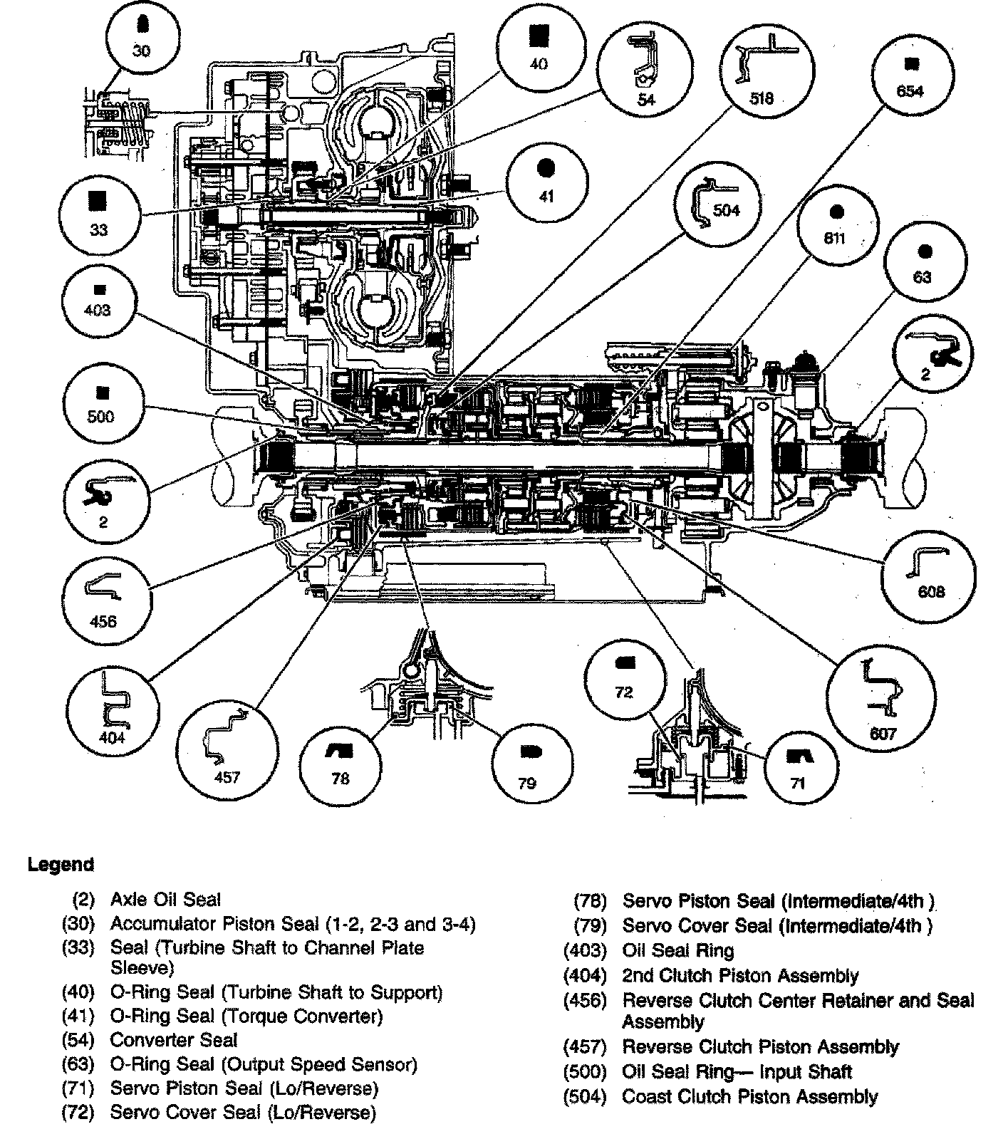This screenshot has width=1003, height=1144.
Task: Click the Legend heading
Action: click(x=61, y=865)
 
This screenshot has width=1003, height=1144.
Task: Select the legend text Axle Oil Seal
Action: click(x=165, y=900)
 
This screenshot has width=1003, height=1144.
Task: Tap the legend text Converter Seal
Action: click(x=173, y=1040)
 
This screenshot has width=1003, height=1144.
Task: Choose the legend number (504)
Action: click(x=584, y=1096)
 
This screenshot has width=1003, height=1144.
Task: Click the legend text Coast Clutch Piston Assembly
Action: click(x=749, y=1096)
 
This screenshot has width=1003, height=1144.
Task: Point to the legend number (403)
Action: click(x=584, y=951)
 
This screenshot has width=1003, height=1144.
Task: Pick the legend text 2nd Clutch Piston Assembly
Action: click(x=740, y=975)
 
